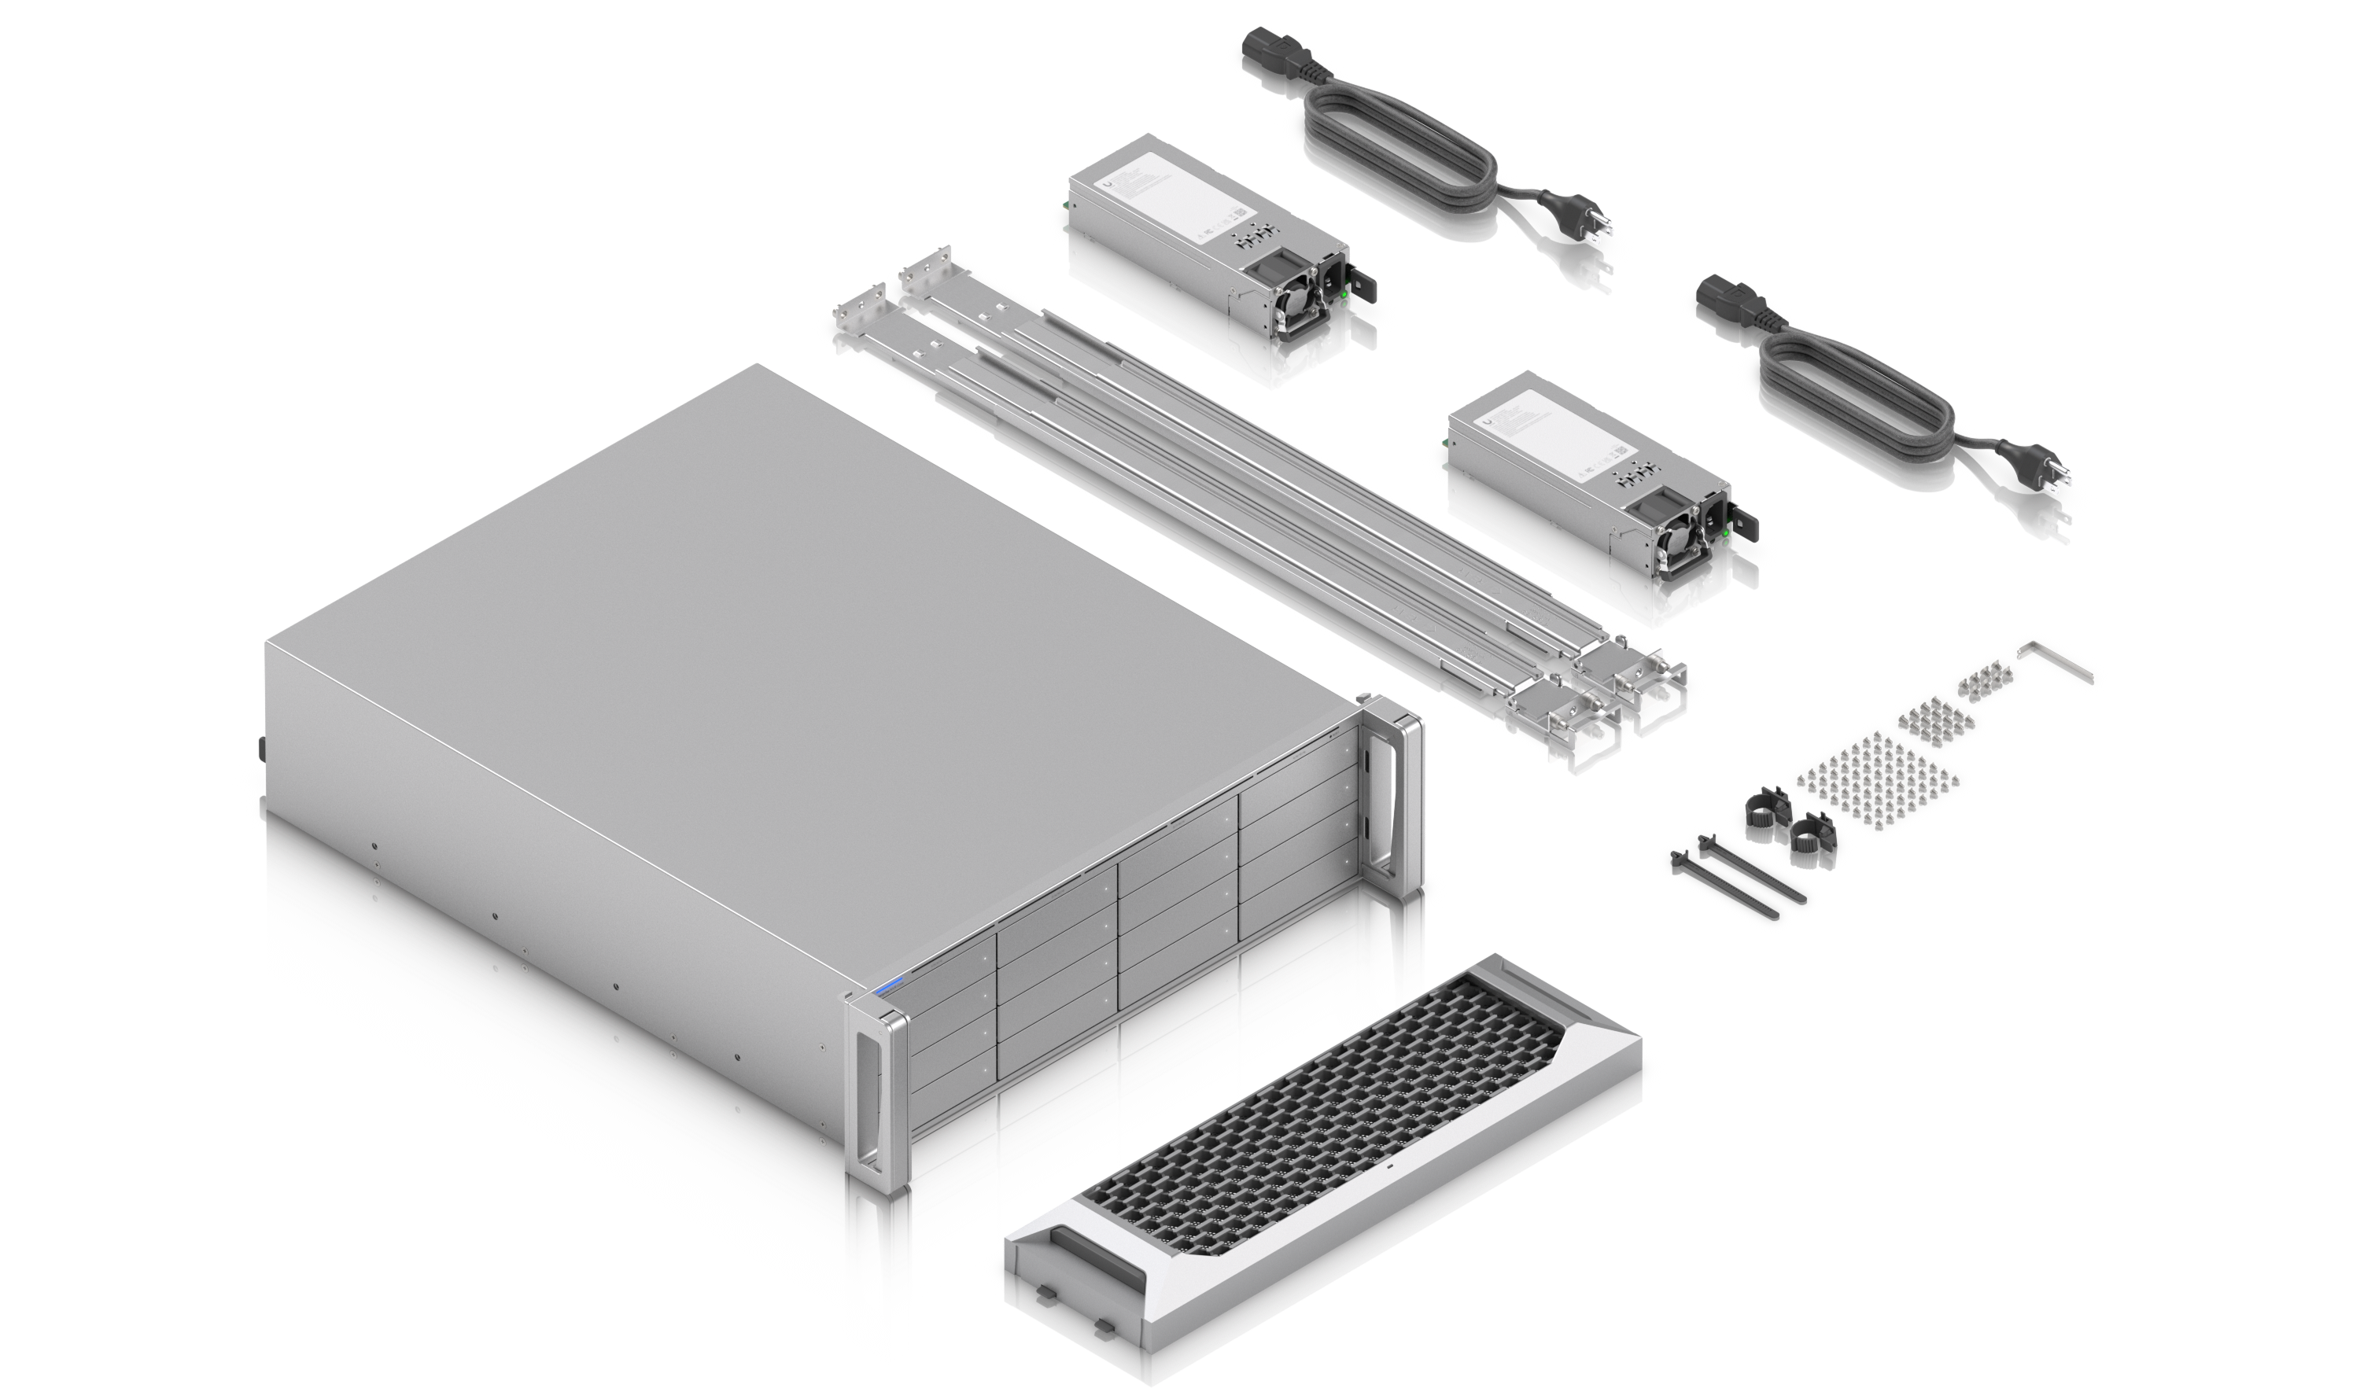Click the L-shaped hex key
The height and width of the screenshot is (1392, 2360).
click(x=2053, y=662)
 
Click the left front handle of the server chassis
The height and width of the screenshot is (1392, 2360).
click(x=876, y=1088)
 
